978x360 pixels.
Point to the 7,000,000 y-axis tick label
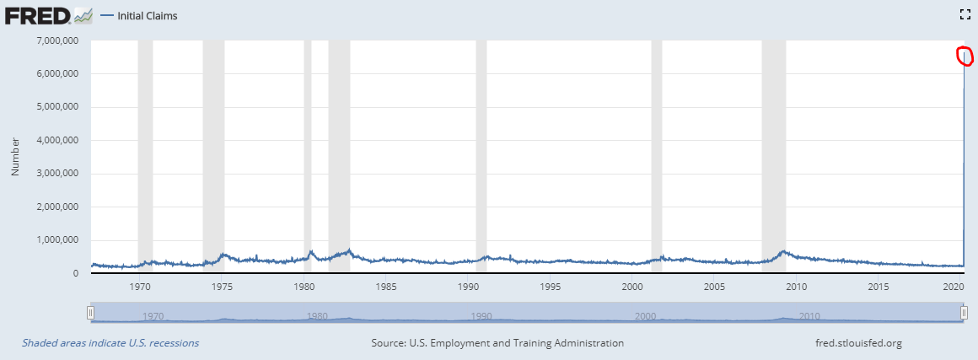(x=55, y=40)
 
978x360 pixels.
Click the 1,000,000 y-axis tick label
(x=55, y=240)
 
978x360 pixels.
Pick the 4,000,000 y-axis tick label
(x=55, y=140)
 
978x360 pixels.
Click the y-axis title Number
(x=14, y=158)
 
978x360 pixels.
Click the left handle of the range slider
(x=90, y=313)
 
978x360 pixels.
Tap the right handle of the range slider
(x=965, y=313)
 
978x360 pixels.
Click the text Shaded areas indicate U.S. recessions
(x=110, y=343)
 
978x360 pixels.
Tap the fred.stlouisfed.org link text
(x=855, y=343)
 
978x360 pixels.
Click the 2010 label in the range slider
(x=809, y=317)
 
